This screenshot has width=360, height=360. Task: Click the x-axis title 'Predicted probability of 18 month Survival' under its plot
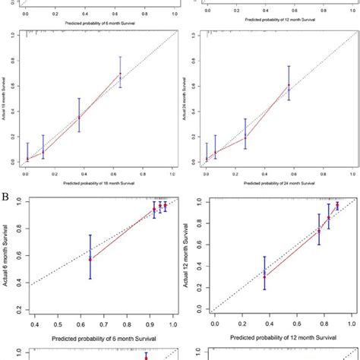pyautogui.click(x=96, y=183)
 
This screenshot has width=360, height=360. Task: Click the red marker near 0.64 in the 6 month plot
pyautogui.click(x=90, y=259)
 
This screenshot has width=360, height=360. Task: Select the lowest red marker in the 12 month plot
pyautogui.click(x=264, y=276)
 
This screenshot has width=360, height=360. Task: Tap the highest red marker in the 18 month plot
pyautogui.click(x=119, y=74)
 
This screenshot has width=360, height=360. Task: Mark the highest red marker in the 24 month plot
pyautogui.click(x=289, y=85)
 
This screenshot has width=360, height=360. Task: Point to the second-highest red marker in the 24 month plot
pyautogui.click(x=245, y=137)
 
